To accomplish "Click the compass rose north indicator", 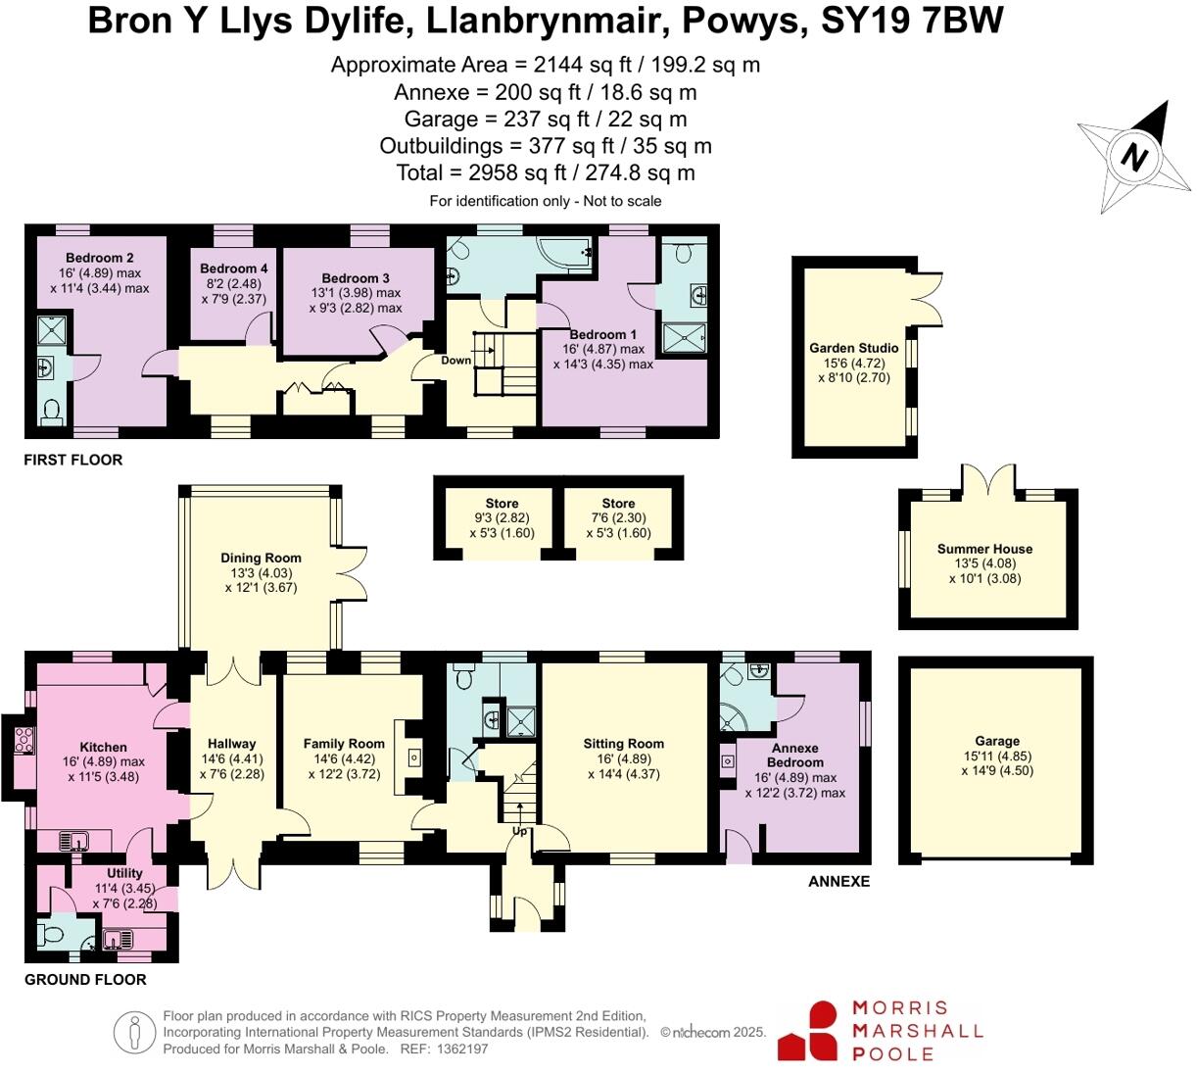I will [x=1135, y=156].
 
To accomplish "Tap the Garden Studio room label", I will [x=853, y=348].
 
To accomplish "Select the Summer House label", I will [x=984, y=549].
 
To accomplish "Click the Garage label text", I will [x=997, y=741].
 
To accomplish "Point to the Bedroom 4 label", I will [x=233, y=268].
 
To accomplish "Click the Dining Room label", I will [x=261, y=558].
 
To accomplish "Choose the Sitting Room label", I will [x=623, y=744].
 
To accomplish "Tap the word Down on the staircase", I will [x=455, y=361].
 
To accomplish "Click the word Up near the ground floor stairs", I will [x=519, y=831].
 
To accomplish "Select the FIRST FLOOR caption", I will [x=73, y=460].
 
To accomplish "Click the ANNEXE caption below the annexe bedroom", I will [x=838, y=881].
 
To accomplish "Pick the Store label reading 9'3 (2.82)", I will [x=502, y=504].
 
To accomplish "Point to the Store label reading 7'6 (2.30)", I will [x=618, y=504].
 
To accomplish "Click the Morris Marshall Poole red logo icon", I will [x=808, y=1031].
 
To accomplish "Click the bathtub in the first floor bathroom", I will [x=564, y=253].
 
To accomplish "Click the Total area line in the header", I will [x=546, y=172].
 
